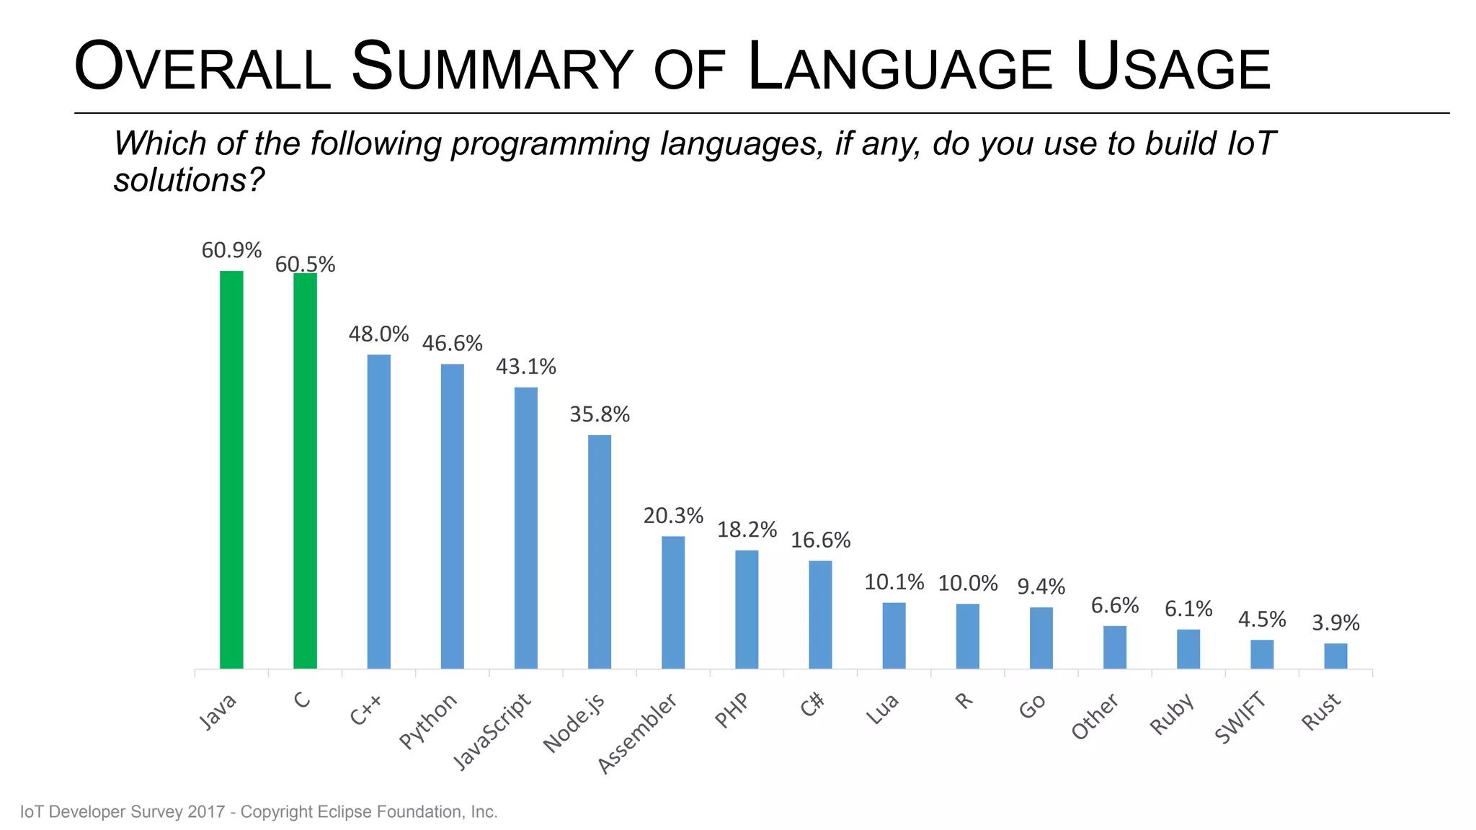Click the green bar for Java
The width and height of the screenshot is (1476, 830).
pyautogui.click(x=231, y=470)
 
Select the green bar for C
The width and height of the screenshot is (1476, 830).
pyautogui.click(x=305, y=470)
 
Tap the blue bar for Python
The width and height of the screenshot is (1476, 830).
pyautogui.click(x=452, y=516)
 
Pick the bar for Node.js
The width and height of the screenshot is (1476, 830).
pyautogui.click(x=599, y=551)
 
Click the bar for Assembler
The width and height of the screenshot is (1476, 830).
pyautogui.click(x=673, y=602)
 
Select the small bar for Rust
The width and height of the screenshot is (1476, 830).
pyautogui.click(x=1335, y=656)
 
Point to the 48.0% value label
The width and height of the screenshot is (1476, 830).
pyautogui.click(x=378, y=334)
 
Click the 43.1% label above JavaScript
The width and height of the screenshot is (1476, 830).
pyautogui.click(x=525, y=367)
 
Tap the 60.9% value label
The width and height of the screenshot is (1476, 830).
pyautogui.click(x=231, y=251)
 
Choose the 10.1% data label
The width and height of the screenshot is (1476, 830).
pyautogui.click(x=894, y=582)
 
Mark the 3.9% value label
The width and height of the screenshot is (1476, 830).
pyautogui.click(x=1335, y=622)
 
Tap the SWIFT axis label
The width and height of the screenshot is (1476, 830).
pyautogui.click(x=1240, y=718)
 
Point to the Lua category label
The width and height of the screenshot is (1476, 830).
pyautogui.click(x=882, y=709)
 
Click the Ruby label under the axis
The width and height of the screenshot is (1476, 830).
pyautogui.click(x=1172, y=714)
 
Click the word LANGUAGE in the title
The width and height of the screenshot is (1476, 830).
pyautogui.click(x=901, y=68)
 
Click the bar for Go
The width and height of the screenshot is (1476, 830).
pyautogui.click(x=1041, y=638)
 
